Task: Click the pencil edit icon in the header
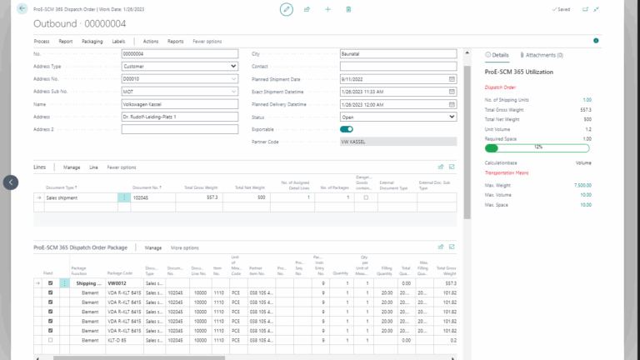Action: point(287,8)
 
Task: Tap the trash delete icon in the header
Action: point(348,9)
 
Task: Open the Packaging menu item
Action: point(92,41)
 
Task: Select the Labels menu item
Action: point(118,41)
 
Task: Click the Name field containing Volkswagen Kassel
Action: point(179,104)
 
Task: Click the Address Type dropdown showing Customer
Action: point(179,66)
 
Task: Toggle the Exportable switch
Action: point(347,129)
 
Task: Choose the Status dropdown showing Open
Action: point(397,117)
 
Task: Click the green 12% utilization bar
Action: point(537,147)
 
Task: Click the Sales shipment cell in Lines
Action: point(79,197)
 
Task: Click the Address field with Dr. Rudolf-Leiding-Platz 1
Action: point(179,117)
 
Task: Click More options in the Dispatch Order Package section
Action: point(185,247)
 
